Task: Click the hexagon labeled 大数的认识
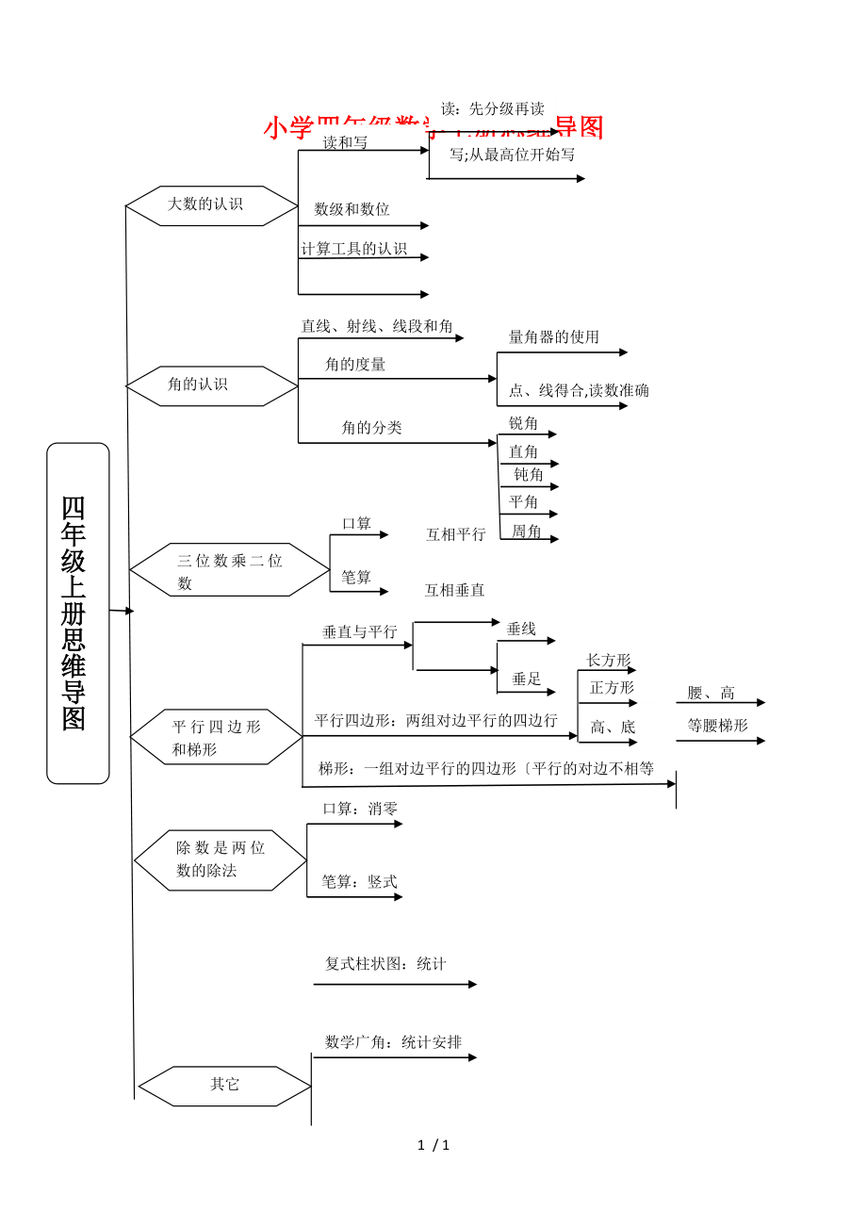pyautogui.click(x=211, y=205)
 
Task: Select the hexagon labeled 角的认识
pyautogui.click(x=211, y=385)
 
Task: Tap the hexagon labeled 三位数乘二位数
pyautogui.click(x=229, y=570)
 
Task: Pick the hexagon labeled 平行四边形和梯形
pyautogui.click(x=216, y=737)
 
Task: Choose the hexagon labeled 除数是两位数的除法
pyautogui.click(x=220, y=859)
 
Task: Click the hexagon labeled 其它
pyautogui.click(x=224, y=1086)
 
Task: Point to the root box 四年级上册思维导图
pyautogui.click(x=77, y=613)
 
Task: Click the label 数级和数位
pyautogui.click(x=352, y=209)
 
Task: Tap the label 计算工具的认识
pyautogui.click(x=354, y=249)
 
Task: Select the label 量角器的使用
pyautogui.click(x=554, y=336)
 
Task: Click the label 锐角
pyautogui.click(x=524, y=423)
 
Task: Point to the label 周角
pyautogui.click(x=527, y=532)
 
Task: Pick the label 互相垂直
pyautogui.click(x=454, y=590)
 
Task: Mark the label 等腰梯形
pyautogui.click(x=717, y=726)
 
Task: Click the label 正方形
pyautogui.click(x=612, y=688)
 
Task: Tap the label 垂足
pyautogui.click(x=527, y=679)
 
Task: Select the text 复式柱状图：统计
pyautogui.click(x=385, y=964)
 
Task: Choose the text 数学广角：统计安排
pyautogui.click(x=393, y=1042)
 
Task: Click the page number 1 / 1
pyautogui.click(x=433, y=1146)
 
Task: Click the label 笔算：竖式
pyautogui.click(x=359, y=882)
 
